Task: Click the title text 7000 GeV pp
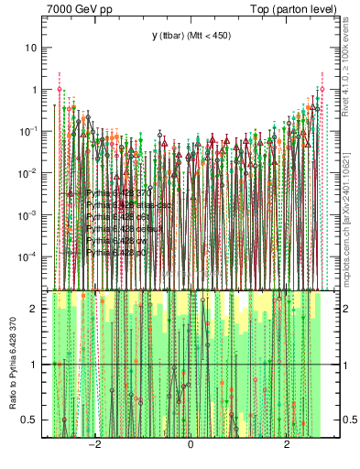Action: click(80, 9)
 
